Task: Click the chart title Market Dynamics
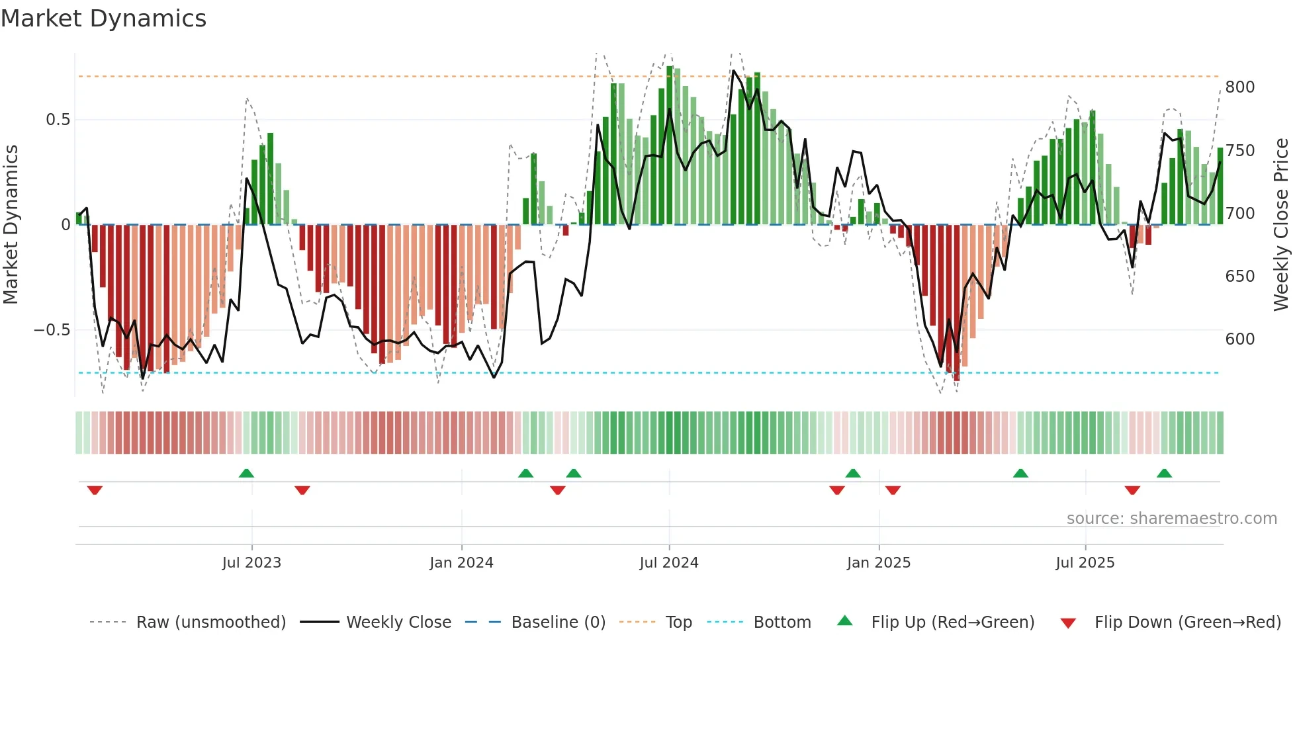click(103, 19)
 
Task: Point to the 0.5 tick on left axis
click(58, 120)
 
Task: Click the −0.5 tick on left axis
click(52, 330)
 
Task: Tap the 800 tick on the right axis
click(1239, 87)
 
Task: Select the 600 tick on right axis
click(1239, 339)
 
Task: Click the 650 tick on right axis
click(1239, 277)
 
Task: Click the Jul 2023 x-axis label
click(251, 563)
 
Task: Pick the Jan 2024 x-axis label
click(461, 563)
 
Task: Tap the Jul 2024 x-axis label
click(668, 563)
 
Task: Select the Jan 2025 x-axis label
click(878, 563)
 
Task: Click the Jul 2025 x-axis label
click(1085, 563)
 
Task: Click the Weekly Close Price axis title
click(1281, 225)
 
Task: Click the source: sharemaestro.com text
click(1171, 519)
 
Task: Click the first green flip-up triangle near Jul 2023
click(246, 474)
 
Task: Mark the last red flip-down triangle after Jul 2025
click(1132, 490)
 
